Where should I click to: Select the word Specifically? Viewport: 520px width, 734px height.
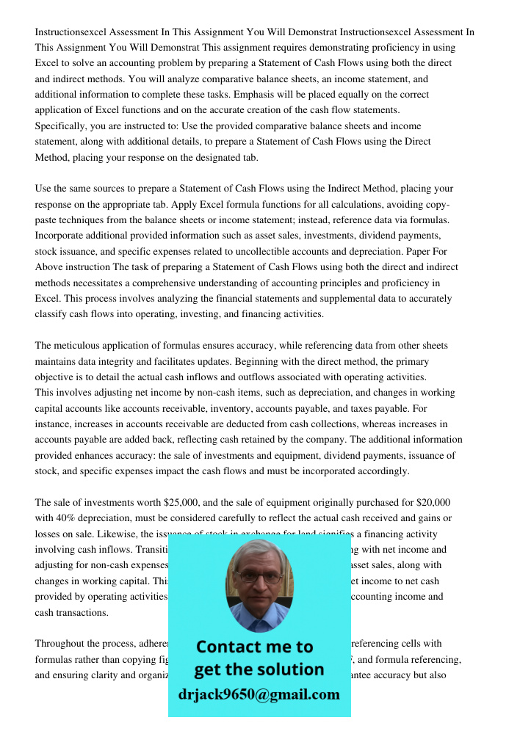pos(62,126)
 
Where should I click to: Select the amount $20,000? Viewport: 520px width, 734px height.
pos(433,503)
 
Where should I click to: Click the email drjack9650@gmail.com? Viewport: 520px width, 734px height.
pos(259,694)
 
